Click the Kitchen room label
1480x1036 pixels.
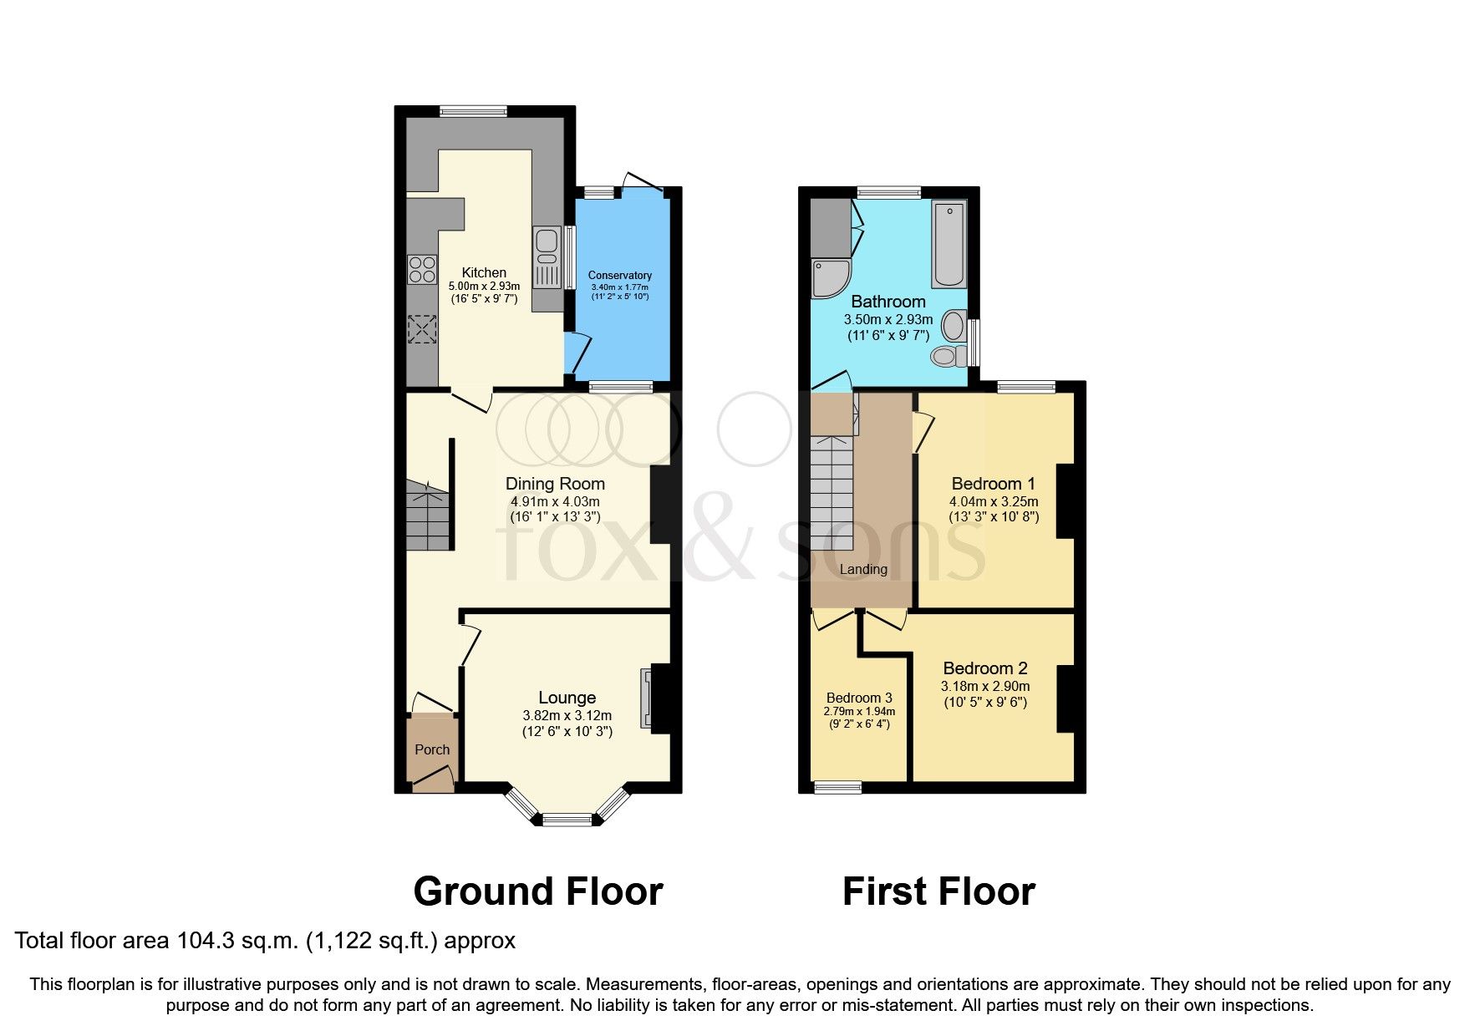pyautogui.click(x=484, y=272)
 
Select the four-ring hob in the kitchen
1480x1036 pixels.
pyautogui.click(x=422, y=269)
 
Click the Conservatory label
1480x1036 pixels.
pyautogui.click(x=619, y=275)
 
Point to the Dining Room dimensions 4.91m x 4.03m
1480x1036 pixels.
pyautogui.click(x=555, y=502)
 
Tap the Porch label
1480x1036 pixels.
pyautogui.click(x=432, y=749)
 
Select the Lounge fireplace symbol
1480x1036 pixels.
pyautogui.click(x=645, y=698)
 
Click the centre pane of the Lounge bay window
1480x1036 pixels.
pyautogui.click(x=567, y=820)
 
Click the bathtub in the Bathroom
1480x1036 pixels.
pyautogui.click(x=949, y=243)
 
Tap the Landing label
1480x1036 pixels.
pyautogui.click(x=863, y=569)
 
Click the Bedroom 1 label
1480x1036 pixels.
pyautogui.click(x=993, y=484)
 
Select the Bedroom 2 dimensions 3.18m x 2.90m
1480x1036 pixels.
pyautogui.click(x=985, y=686)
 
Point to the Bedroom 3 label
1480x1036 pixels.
pyautogui.click(x=859, y=698)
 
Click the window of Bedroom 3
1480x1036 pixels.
pyautogui.click(x=838, y=786)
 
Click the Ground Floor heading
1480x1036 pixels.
pyautogui.click(x=538, y=891)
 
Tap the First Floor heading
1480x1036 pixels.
pyautogui.click(x=938, y=891)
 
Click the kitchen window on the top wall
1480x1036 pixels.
pyautogui.click(x=474, y=110)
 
